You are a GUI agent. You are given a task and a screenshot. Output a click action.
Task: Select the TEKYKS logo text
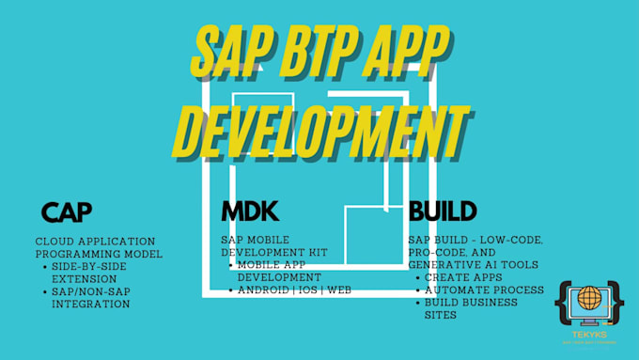pos(589,335)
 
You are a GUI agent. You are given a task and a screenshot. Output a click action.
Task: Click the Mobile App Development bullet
pos(279,271)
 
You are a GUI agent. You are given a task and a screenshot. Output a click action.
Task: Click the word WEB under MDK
pos(339,290)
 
